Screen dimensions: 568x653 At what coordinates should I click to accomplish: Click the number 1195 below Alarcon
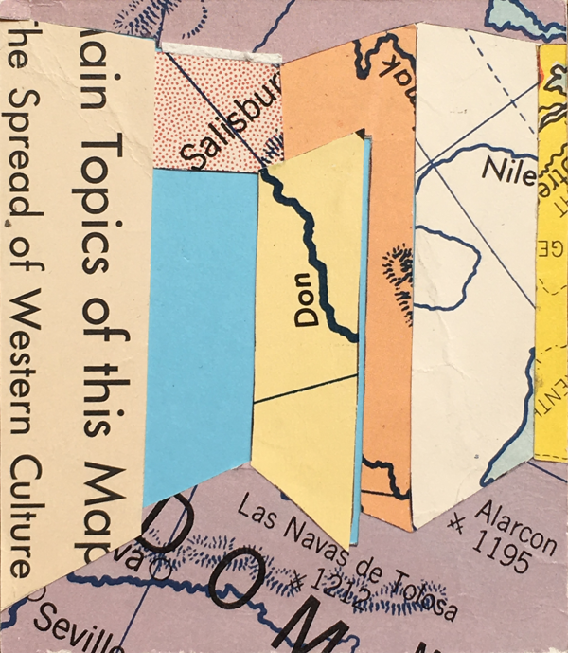(x=501, y=555)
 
